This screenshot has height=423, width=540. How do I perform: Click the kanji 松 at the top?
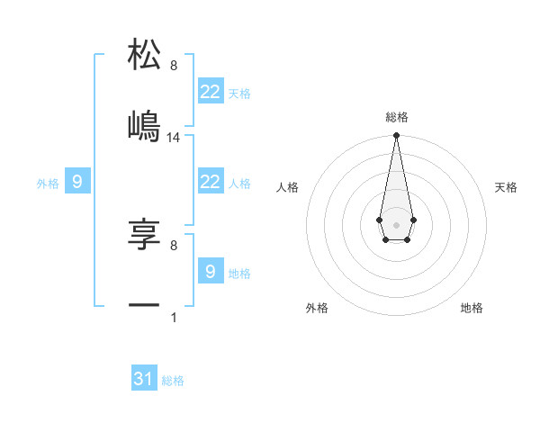(x=145, y=55)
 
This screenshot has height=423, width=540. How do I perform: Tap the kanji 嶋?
(x=145, y=126)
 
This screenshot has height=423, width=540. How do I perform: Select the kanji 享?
(x=145, y=236)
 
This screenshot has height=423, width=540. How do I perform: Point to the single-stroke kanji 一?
(x=145, y=307)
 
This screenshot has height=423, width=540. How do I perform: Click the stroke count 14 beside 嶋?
(x=174, y=138)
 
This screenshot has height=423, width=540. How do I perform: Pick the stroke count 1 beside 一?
(x=174, y=317)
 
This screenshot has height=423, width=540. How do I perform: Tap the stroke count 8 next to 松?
(x=174, y=66)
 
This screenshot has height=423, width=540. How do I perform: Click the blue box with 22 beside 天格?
(x=210, y=92)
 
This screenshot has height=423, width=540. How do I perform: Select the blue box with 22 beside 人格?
(x=210, y=182)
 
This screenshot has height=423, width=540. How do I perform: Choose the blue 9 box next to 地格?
(x=210, y=271)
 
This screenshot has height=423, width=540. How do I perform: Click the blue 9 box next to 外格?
(x=77, y=182)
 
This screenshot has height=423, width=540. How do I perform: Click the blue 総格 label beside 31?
(x=173, y=381)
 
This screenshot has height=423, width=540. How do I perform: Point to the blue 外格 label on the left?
(x=48, y=184)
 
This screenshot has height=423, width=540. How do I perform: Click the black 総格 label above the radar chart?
(x=397, y=117)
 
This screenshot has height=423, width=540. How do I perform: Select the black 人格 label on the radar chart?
(x=288, y=187)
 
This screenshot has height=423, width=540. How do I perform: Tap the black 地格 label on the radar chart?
(x=472, y=308)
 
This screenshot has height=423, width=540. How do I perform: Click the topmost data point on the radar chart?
(x=396, y=136)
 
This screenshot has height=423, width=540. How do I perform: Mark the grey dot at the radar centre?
(x=396, y=223)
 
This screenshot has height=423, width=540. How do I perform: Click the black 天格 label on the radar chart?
(x=506, y=187)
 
